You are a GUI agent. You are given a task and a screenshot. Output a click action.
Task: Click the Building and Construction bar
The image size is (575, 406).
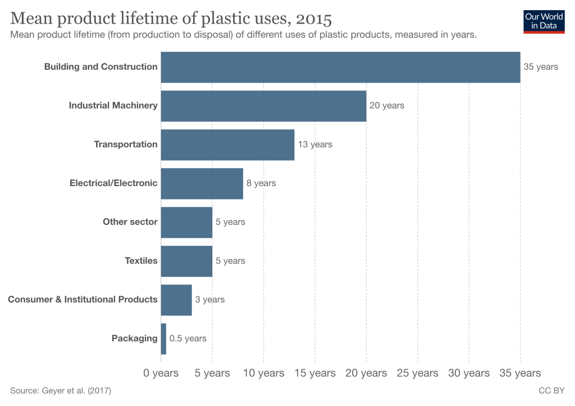click(340, 67)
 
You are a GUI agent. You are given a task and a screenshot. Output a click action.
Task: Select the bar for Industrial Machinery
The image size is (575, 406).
click(263, 106)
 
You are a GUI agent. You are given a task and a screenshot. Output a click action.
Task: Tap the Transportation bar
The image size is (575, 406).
click(227, 145)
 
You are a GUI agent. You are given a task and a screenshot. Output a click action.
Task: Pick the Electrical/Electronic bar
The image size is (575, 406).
click(202, 183)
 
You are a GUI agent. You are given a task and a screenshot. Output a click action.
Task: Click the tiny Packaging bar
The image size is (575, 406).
click(163, 339)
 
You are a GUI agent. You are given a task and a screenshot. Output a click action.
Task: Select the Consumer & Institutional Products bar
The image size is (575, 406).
click(176, 300)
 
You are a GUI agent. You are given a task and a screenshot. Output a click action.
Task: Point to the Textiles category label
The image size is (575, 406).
click(141, 261)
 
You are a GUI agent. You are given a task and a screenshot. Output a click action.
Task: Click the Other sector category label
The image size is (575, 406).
click(130, 222)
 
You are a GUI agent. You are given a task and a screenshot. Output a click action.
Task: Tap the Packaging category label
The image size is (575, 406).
click(135, 339)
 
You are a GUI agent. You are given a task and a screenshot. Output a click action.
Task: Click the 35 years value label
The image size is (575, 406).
click(541, 67)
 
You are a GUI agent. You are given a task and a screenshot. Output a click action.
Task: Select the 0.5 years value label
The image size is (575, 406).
click(188, 339)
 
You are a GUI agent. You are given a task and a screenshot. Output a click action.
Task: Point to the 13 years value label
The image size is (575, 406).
click(315, 145)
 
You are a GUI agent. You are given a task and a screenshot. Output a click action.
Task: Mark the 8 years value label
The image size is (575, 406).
click(261, 183)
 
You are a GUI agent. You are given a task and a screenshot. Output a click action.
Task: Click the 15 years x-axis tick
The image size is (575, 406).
click(315, 373)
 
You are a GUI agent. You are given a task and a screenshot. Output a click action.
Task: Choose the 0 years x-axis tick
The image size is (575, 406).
click(161, 373)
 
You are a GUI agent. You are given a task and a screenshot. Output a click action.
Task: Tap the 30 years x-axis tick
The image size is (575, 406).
click(469, 373)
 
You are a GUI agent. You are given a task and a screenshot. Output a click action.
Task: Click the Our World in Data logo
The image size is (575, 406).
click(544, 21)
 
